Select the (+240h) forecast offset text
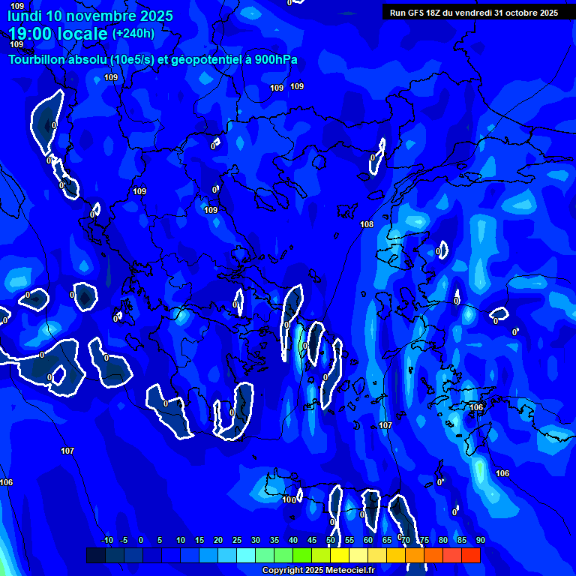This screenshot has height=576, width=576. click(x=133, y=34)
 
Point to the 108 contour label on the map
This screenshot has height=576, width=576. click(x=367, y=224)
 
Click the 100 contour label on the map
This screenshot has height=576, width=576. click(x=289, y=499)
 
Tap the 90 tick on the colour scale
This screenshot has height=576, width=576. click(x=480, y=540)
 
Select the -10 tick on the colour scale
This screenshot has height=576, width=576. click(x=106, y=540)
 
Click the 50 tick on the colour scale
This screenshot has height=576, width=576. click(x=331, y=540)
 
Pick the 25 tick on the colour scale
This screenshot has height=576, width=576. click(x=237, y=540)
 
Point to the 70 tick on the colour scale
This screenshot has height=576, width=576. click(x=406, y=540)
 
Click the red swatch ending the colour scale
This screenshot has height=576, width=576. click(x=471, y=555)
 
